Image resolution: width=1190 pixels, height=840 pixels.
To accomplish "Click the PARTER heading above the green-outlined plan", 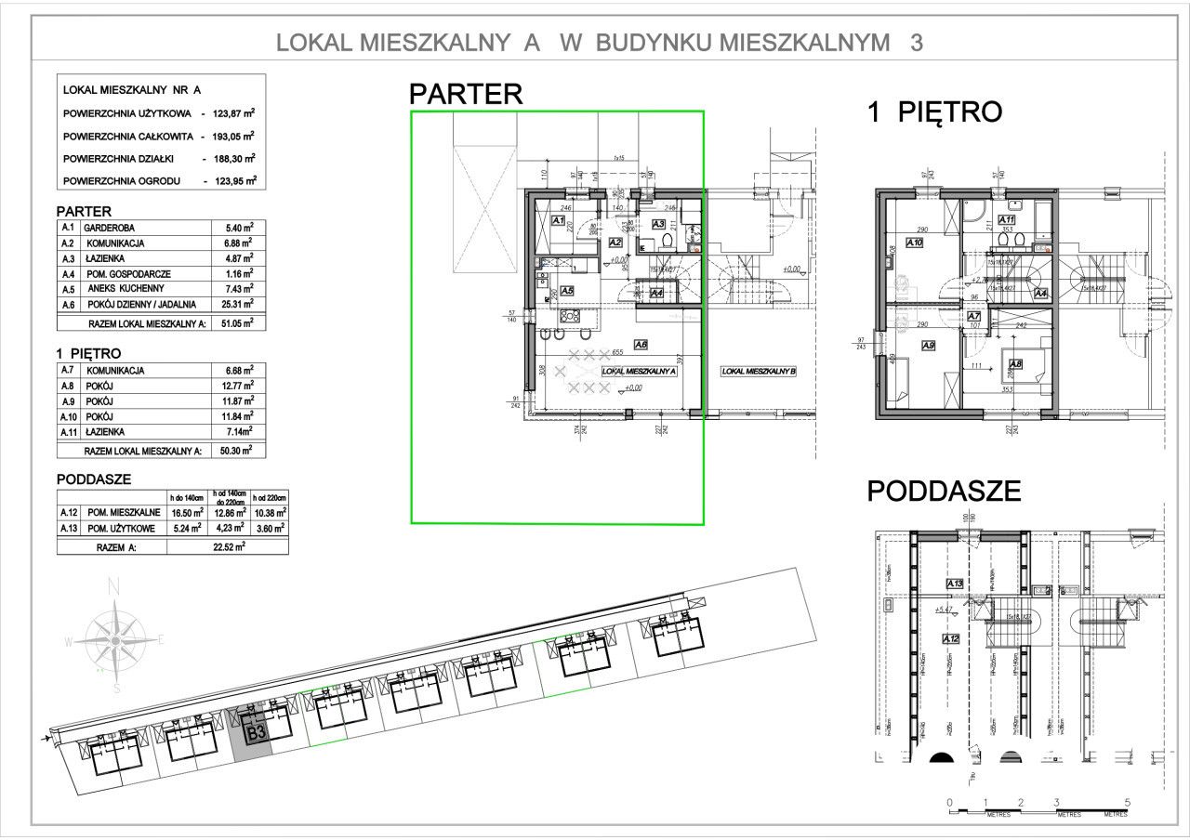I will (x=466, y=94).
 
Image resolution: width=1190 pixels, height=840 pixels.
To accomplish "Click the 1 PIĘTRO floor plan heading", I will (x=933, y=112).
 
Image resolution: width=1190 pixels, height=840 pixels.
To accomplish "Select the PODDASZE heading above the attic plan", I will (x=943, y=491).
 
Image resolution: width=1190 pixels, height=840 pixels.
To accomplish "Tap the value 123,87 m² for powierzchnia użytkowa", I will (x=233, y=112).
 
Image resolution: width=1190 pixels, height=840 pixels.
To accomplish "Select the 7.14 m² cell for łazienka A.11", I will (x=239, y=432).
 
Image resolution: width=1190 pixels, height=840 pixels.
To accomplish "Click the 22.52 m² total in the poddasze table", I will (x=227, y=547).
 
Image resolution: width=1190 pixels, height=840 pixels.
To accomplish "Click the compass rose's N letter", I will (x=114, y=586).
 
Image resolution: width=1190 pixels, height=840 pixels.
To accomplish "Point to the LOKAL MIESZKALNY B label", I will (x=760, y=372).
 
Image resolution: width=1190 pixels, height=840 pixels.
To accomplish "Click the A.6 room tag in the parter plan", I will (x=641, y=344).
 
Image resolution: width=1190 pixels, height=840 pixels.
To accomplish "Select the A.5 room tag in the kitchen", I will (x=567, y=290).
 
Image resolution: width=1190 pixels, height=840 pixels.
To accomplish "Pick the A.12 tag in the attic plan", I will (x=950, y=639).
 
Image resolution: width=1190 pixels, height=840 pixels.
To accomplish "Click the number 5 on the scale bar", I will (x=1126, y=802).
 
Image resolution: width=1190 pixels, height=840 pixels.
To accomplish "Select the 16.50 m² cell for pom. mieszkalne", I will (x=187, y=512).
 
